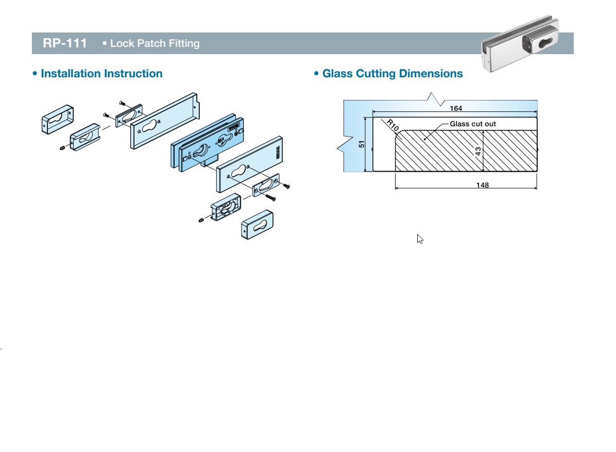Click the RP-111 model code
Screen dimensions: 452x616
click(64, 43)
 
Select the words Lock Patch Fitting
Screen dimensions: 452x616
click(155, 43)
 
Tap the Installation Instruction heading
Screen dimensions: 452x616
click(101, 74)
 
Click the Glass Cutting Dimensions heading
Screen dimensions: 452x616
click(392, 74)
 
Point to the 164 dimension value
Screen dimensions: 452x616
click(456, 108)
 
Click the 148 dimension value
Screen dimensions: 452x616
click(483, 185)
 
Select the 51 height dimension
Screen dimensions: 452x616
click(362, 144)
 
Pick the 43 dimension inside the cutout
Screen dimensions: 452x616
click(478, 151)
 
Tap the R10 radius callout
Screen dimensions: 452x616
click(393, 126)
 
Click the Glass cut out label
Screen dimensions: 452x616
click(473, 124)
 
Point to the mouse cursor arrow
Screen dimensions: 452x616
click(420, 239)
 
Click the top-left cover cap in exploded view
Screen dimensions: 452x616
click(57, 119)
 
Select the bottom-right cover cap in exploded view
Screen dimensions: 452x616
click(257, 223)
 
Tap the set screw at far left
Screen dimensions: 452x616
click(62, 149)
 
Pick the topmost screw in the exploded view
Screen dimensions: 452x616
click(122, 103)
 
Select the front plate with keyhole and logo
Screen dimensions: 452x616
click(250, 164)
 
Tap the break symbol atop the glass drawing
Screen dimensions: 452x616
click(432, 96)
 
